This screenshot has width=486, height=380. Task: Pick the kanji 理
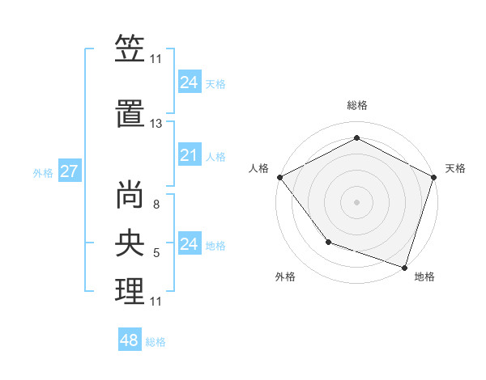(130, 291)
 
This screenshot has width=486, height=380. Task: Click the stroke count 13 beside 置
(156, 124)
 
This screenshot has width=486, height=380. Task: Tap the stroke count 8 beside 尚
(156, 205)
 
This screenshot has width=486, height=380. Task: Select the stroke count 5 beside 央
(156, 253)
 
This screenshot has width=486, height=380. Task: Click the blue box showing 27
(69, 171)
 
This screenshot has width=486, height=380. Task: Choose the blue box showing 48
(130, 340)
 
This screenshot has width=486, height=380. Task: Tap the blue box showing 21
(189, 155)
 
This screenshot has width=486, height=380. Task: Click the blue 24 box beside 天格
(189, 82)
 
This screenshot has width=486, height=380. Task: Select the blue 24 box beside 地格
(189, 244)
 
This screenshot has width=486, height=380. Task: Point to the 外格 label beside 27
(43, 172)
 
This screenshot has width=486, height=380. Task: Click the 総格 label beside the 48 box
(156, 342)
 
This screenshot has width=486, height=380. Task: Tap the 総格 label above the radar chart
(357, 105)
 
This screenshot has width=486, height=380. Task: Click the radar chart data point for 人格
(280, 177)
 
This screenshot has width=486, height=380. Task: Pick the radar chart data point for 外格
(328, 242)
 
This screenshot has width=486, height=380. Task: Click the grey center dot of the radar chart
(357, 201)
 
